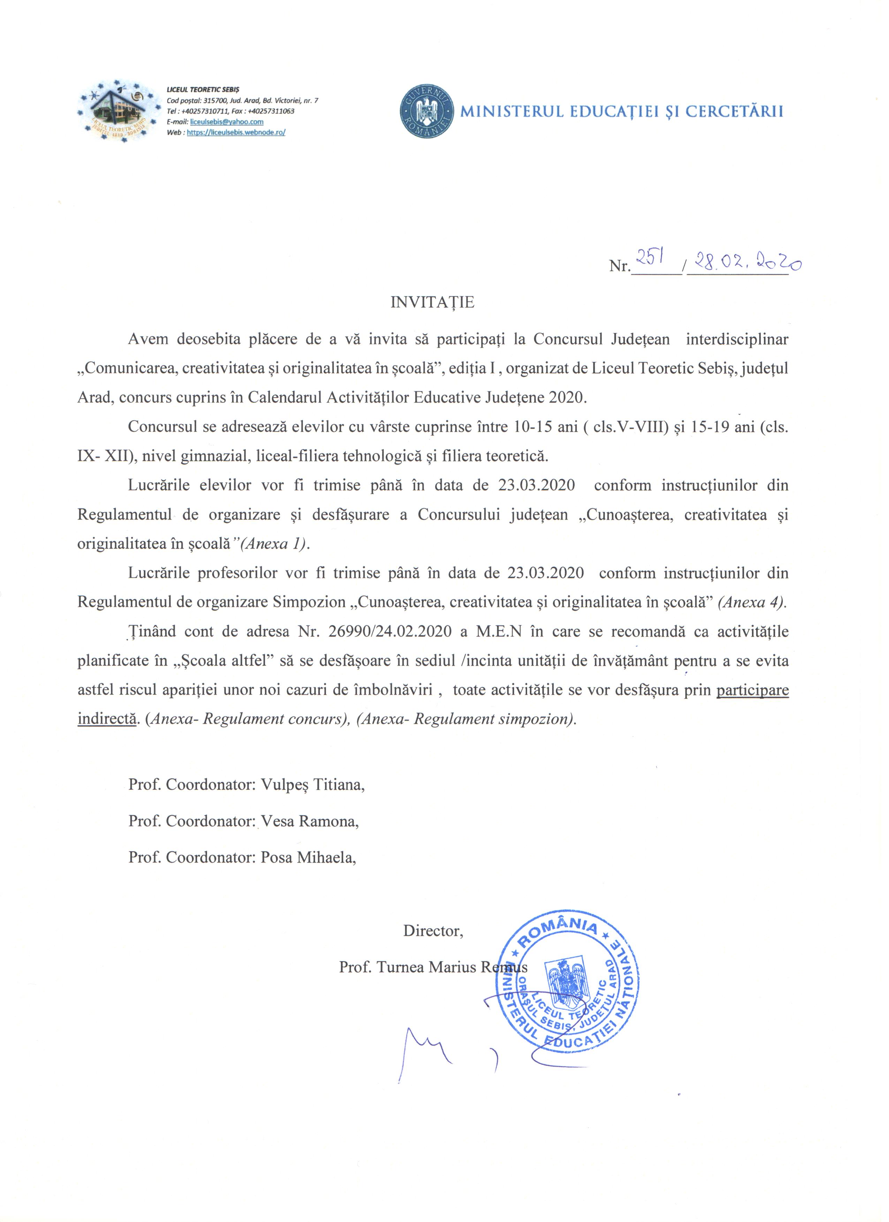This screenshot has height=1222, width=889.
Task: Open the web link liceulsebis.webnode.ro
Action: [x=236, y=132]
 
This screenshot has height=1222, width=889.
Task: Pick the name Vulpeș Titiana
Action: [x=312, y=785]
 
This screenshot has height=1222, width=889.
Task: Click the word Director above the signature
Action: [x=433, y=931]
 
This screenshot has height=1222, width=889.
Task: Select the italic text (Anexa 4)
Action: [x=752, y=602]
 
